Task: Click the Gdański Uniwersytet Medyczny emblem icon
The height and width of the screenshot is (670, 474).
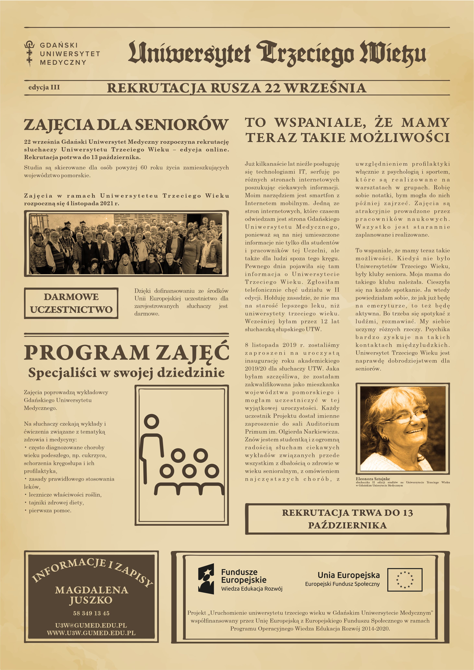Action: (x=29, y=53)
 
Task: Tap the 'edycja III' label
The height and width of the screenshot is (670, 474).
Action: (x=44, y=87)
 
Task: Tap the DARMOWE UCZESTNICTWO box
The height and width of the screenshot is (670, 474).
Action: (x=71, y=303)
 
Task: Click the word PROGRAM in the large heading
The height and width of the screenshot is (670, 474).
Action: (x=86, y=353)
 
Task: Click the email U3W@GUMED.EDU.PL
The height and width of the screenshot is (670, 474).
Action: (x=91, y=625)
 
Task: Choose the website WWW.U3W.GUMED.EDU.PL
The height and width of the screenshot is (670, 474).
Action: (x=91, y=633)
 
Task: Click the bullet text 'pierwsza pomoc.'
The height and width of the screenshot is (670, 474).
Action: (x=50, y=510)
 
